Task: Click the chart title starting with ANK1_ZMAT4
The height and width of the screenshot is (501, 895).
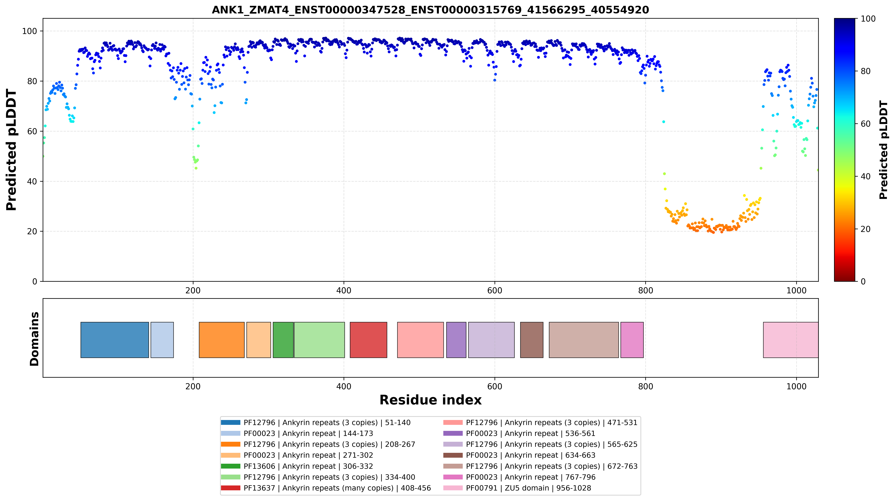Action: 430,10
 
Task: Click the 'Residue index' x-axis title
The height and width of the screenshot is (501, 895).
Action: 430,400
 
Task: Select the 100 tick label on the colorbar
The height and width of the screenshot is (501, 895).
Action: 868,19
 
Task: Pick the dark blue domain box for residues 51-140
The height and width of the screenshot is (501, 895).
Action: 115,340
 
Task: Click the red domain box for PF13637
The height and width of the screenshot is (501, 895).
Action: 368,340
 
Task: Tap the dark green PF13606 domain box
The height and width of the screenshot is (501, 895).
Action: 283,340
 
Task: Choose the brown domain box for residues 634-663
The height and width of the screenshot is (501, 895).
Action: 532,340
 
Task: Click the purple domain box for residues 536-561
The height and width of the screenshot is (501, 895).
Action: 456,340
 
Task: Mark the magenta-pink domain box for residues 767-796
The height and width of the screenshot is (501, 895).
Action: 632,340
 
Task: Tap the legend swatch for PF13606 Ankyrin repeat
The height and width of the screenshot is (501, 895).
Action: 230,466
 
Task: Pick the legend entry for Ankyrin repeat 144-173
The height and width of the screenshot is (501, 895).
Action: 297,434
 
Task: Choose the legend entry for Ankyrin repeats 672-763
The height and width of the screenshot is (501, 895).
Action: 541,466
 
